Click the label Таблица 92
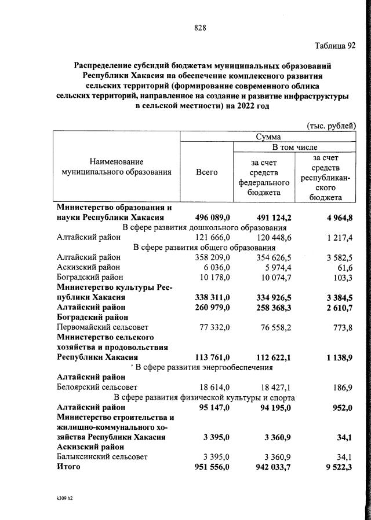pos(335,46)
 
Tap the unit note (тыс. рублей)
pos(330,126)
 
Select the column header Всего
pos(206,172)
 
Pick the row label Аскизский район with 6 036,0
pos(89,267)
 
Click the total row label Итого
pos(68,467)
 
